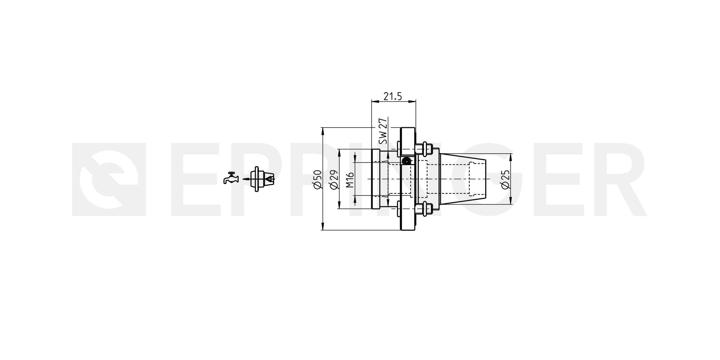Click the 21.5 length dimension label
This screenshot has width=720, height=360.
click(393, 96)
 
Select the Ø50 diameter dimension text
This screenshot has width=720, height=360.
click(317, 180)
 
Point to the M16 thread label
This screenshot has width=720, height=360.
click(350, 180)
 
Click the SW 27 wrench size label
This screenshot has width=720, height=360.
click(383, 131)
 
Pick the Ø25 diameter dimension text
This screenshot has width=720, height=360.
click(505, 180)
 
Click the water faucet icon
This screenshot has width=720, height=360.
click(231, 178)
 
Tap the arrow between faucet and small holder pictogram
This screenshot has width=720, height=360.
click(246, 179)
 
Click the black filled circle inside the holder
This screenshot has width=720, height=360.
click(406, 161)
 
